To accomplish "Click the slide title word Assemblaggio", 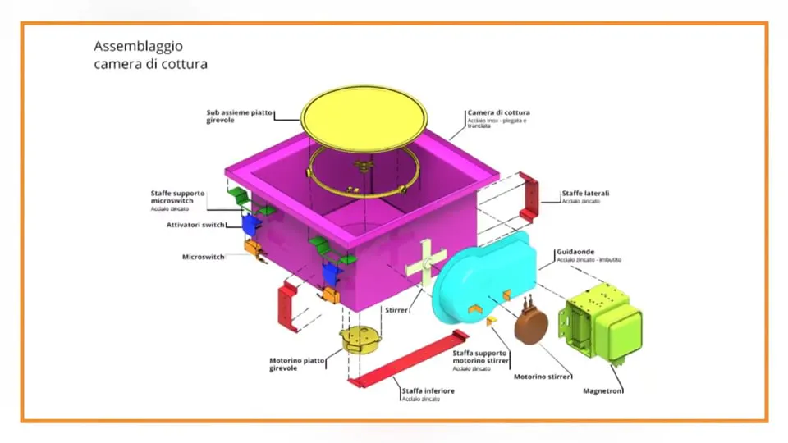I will (138, 46).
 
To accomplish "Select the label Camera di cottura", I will (498, 112).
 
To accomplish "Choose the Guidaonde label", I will (575, 251).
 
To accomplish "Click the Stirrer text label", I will (396, 311).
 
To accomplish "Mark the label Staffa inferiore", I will (428, 390).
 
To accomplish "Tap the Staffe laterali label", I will (585, 194).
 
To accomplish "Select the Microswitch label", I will (203, 257).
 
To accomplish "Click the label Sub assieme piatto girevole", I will (239, 116).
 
